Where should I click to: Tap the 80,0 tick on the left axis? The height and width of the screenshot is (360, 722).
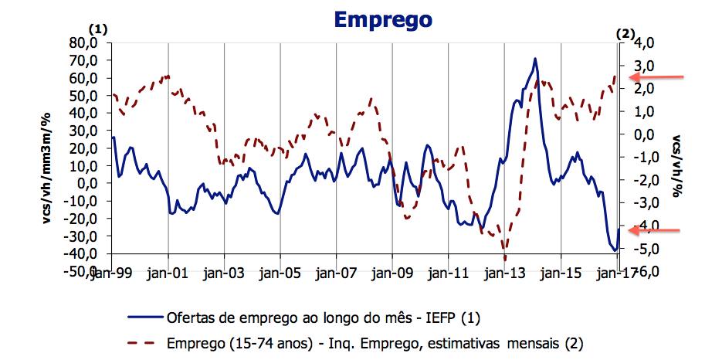pos(84,42)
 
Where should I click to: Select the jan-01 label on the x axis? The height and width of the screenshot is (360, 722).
pos(168,273)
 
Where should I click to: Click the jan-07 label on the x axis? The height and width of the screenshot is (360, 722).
pos(336,273)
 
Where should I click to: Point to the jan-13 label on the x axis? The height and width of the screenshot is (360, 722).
pos(504,273)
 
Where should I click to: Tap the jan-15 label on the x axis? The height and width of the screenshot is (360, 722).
pos(560,273)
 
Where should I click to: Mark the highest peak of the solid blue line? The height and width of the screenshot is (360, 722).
pos(534,59)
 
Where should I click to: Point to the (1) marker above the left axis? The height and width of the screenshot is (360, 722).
pos(100,29)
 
